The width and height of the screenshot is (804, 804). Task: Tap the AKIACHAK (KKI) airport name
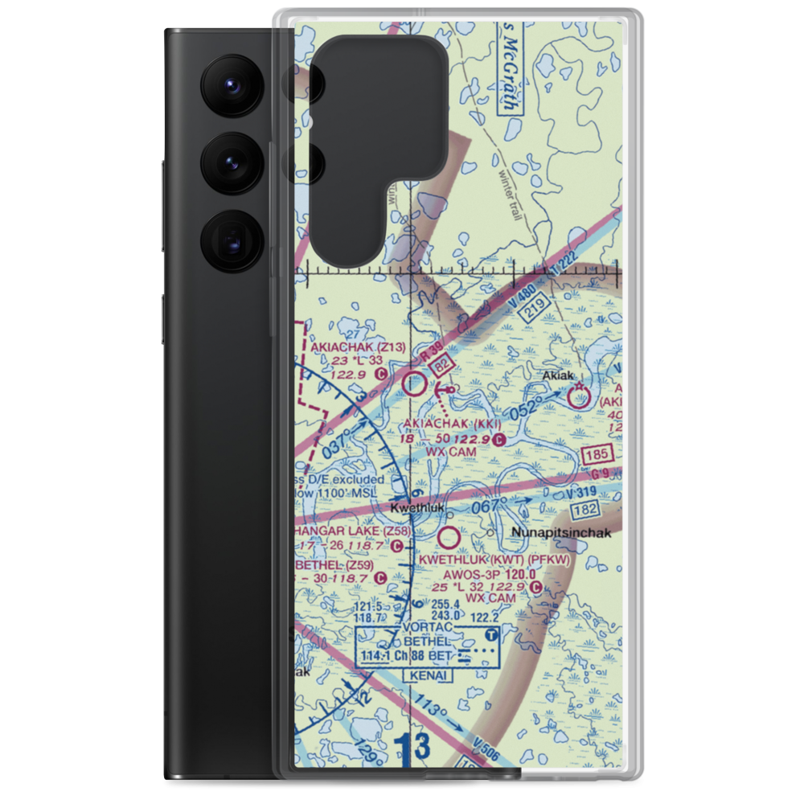pos(453,424)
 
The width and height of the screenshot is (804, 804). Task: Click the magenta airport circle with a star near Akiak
pos(578,396)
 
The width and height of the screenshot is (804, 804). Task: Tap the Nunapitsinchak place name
pos(561,533)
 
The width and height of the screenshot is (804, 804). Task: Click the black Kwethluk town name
pos(416,508)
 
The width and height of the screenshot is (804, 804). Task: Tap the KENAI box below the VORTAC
pos(430,676)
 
